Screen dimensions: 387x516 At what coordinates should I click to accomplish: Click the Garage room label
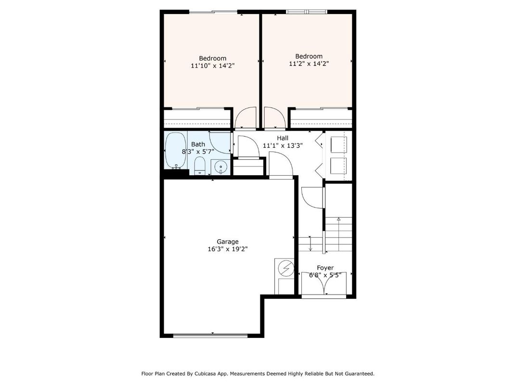(228, 242)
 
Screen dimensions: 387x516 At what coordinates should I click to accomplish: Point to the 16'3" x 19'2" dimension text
(228, 249)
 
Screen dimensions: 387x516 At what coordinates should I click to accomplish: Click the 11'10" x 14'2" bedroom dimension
(213, 66)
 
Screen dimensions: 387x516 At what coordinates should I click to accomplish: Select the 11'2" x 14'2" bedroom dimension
(309, 64)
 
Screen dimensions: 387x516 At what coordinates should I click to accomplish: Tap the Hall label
(283, 138)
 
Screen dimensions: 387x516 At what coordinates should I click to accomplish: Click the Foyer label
(325, 268)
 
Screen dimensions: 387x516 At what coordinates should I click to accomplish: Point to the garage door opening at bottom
(212, 335)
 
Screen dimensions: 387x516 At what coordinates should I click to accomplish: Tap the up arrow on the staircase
(338, 219)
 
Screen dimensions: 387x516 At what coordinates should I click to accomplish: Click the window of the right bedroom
(307, 12)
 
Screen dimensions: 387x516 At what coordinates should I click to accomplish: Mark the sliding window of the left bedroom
(214, 12)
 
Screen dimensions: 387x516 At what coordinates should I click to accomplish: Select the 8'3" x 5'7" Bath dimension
(198, 151)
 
